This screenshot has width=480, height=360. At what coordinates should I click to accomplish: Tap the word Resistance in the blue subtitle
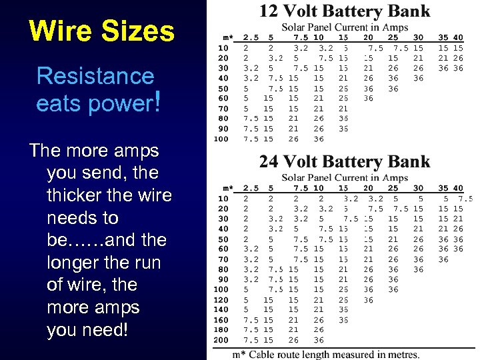tap(95, 76)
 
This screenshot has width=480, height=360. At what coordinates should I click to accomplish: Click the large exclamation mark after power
tap(157, 102)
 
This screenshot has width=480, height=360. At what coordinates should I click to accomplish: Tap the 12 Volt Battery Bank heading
tap(344, 11)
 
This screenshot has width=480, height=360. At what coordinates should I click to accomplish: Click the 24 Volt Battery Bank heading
tap(344, 161)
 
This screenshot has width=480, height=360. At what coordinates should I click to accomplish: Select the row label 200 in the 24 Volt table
tap(221, 340)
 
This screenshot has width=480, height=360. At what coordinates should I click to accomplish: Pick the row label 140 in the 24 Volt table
tap(221, 309)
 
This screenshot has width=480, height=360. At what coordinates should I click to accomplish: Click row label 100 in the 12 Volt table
tap(221, 139)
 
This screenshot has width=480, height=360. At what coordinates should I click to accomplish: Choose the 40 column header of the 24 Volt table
tap(458, 188)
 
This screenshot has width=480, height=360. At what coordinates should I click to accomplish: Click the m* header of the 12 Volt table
tap(227, 37)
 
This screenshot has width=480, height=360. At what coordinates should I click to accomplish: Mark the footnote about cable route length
tap(325, 354)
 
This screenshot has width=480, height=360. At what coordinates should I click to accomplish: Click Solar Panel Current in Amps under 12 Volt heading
tap(344, 27)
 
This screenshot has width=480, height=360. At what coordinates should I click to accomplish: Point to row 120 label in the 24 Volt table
tap(221, 299)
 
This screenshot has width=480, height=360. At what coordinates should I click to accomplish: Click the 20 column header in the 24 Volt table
tap(368, 188)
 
